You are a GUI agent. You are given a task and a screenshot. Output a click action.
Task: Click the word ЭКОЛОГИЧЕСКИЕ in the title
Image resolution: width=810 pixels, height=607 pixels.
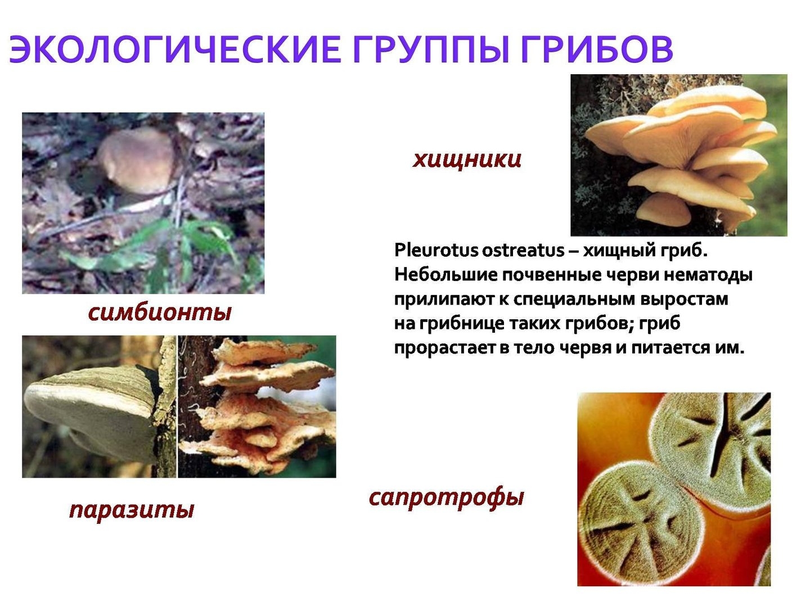(x=174, y=49)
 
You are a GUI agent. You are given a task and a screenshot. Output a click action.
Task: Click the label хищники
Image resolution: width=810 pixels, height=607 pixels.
(x=466, y=160)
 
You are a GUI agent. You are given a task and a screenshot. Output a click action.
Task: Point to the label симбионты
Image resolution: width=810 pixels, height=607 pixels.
(x=160, y=312)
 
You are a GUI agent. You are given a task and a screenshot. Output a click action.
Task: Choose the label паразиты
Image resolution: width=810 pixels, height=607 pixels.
(x=132, y=510)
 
